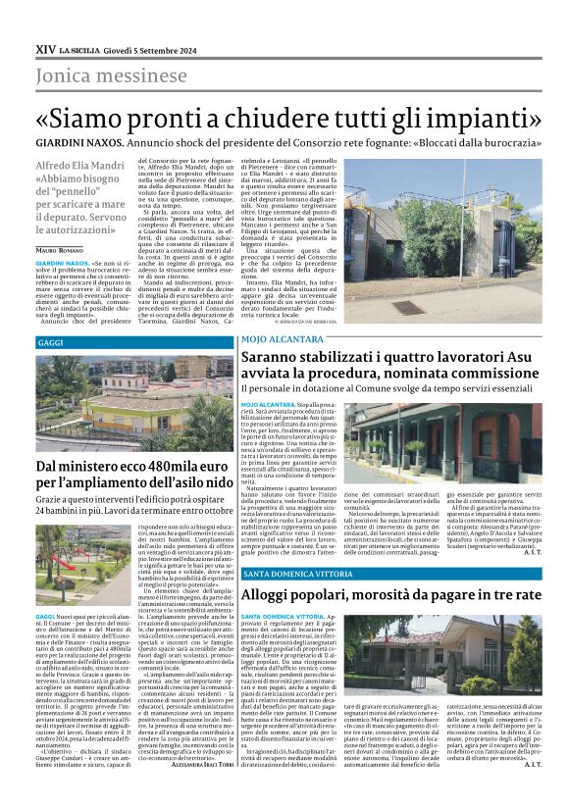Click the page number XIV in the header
pyautogui.click(x=44, y=47)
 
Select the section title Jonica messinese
pyautogui.click(x=111, y=76)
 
